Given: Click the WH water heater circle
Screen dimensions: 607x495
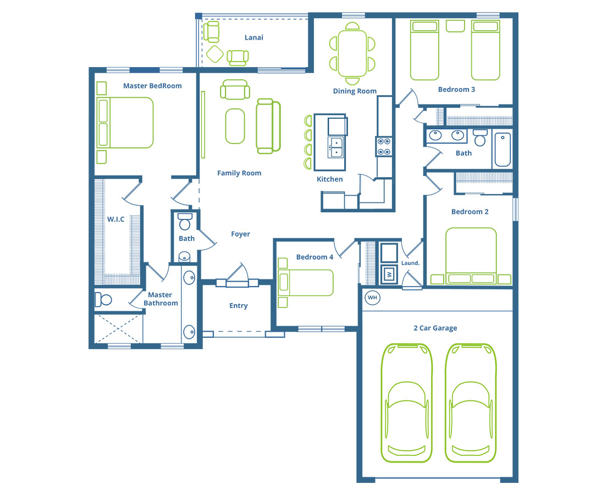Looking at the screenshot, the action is pyautogui.click(x=372, y=298).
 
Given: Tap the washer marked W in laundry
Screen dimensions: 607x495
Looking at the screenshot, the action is pyautogui.click(x=389, y=274).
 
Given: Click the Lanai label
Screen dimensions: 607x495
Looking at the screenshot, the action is pyautogui.click(x=254, y=37).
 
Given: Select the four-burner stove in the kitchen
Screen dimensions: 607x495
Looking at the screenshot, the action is pyautogui.click(x=384, y=146).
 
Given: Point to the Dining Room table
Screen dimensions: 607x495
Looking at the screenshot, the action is pyautogui.click(x=352, y=53).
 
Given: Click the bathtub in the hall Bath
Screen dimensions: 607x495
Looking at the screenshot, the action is pyautogui.click(x=503, y=149).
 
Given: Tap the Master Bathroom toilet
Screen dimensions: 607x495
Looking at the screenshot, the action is pyautogui.click(x=103, y=300).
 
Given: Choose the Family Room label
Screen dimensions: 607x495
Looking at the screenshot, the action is pyautogui.click(x=239, y=173).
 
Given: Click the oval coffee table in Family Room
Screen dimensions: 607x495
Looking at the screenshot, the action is pyautogui.click(x=235, y=127).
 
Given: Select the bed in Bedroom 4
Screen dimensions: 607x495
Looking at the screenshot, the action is pyautogui.click(x=306, y=283).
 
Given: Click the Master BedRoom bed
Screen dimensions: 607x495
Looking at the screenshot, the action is pyautogui.click(x=125, y=123).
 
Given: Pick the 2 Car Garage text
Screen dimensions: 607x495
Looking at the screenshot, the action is pyautogui.click(x=435, y=328).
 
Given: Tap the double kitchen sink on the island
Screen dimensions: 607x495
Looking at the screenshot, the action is pyautogui.click(x=336, y=147).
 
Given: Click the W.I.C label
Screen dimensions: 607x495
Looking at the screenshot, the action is pyautogui.click(x=116, y=219).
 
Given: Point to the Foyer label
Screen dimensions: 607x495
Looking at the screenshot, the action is pyautogui.click(x=240, y=234).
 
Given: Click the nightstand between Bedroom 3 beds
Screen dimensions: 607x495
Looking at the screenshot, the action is pyautogui.click(x=455, y=26).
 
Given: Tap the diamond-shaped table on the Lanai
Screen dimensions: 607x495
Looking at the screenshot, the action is pyautogui.click(x=214, y=54).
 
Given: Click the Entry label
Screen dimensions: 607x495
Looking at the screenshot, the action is pyautogui.click(x=239, y=306).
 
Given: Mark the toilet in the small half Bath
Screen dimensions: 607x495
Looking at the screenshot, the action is pyautogui.click(x=185, y=221).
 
